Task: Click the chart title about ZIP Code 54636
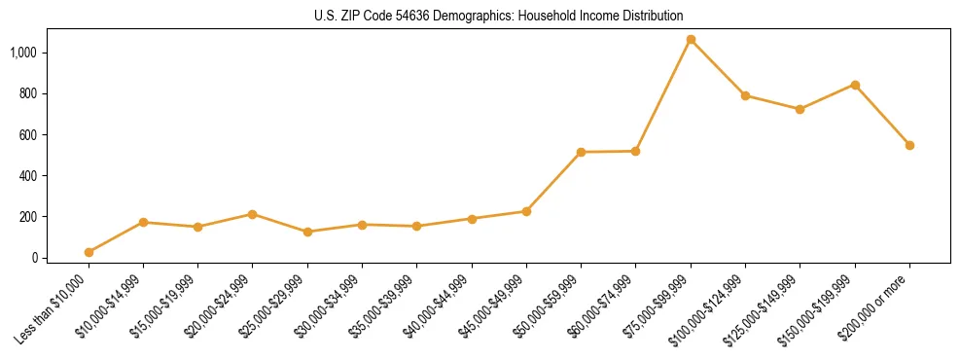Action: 498,16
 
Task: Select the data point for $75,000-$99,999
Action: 691,40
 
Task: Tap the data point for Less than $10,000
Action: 89,252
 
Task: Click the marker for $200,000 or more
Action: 909,145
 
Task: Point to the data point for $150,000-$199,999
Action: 855,85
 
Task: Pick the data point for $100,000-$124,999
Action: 745,95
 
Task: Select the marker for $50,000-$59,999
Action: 581,152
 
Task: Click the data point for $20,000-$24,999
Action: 253,214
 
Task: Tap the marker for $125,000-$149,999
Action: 800,109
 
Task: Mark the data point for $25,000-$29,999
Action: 307,232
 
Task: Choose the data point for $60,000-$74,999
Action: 635,151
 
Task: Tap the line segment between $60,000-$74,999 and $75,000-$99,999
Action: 662,95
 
